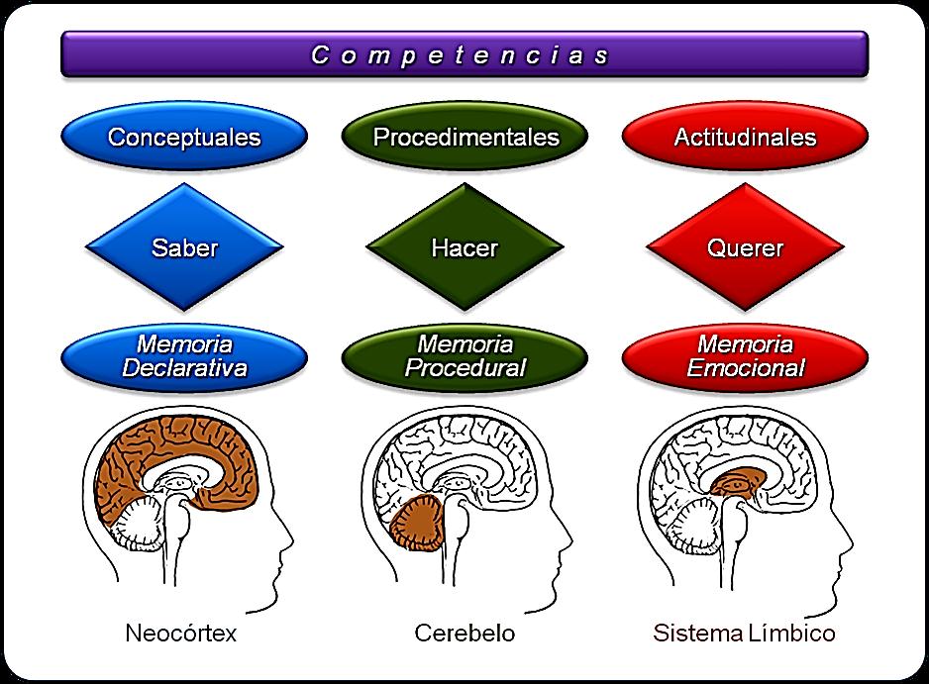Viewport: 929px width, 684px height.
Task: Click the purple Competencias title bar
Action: tap(464, 54)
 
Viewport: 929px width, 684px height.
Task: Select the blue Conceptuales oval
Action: tap(184, 137)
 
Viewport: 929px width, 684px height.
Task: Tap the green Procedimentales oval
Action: tap(465, 137)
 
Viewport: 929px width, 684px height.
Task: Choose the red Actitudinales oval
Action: tap(745, 137)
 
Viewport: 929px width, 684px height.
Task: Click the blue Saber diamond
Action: tap(184, 247)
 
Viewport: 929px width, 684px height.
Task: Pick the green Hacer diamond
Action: tap(465, 247)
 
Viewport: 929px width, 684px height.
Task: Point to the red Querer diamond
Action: tap(745, 247)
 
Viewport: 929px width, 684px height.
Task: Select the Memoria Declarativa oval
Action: tap(184, 356)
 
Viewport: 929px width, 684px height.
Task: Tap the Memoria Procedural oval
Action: tap(465, 356)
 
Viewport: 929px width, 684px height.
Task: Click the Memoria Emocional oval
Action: tap(745, 356)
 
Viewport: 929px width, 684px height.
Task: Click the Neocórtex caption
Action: tap(181, 633)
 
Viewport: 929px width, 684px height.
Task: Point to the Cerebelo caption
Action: tap(465, 633)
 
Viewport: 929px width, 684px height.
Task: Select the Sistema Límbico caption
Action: tap(744, 633)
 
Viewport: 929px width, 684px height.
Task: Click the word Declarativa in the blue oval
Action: tap(184, 368)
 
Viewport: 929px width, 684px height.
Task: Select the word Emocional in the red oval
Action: tap(745, 368)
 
